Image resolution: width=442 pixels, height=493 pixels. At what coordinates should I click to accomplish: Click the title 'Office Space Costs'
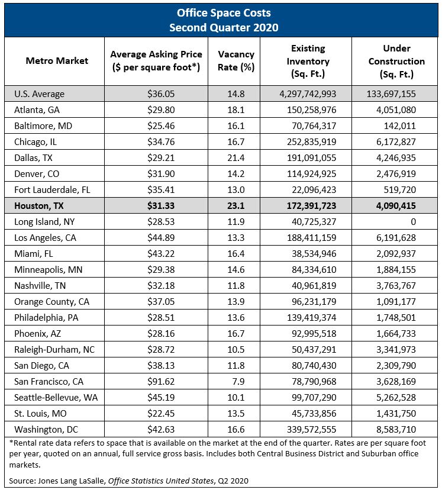tap(220, 12)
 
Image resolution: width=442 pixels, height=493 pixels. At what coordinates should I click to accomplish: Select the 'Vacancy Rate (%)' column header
tap(236, 61)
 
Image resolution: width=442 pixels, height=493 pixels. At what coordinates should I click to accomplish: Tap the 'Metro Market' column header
tap(57, 61)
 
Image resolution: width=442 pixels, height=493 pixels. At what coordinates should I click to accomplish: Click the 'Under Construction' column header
tap(396, 61)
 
